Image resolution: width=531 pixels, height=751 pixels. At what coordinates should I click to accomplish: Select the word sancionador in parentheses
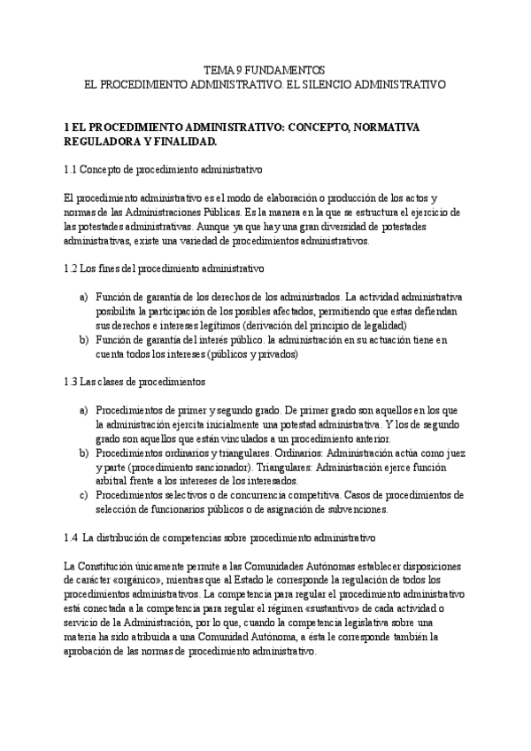234,467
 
